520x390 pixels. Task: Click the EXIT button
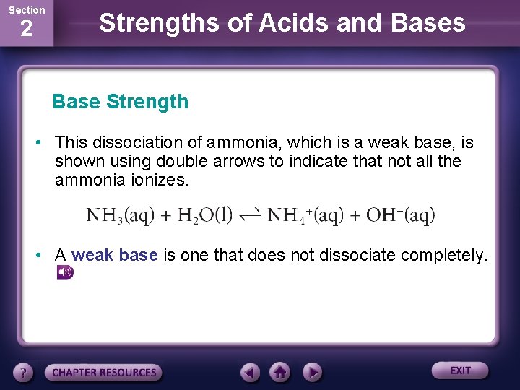pos(460,370)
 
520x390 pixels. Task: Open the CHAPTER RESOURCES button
pos(104,373)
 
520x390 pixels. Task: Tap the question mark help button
pos(24,373)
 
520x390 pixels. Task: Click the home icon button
pos(280,373)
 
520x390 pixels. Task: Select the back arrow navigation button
pos(250,373)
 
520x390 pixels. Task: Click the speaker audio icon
pos(65,272)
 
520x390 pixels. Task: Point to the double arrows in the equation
pos(250,215)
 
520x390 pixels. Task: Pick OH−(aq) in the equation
pos(400,215)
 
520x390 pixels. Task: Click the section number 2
pos(26,30)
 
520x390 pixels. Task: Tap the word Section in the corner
pos(26,10)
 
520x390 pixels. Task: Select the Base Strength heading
pos(120,102)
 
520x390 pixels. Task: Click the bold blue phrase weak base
pos(114,256)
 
